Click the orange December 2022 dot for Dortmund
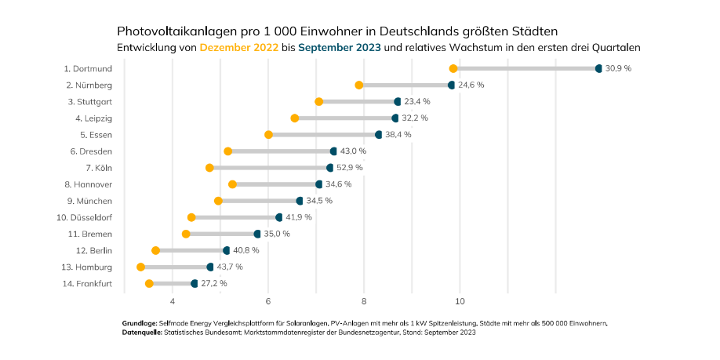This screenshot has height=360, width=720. [x=453, y=69]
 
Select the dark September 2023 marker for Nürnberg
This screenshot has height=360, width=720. [x=451, y=85]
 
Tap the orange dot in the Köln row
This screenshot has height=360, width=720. [x=209, y=168]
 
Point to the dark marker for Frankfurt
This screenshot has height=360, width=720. [x=195, y=283]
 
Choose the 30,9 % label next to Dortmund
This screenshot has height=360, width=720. [x=618, y=68]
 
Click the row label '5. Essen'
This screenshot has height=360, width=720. [x=93, y=135]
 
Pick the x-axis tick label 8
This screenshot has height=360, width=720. [x=364, y=301]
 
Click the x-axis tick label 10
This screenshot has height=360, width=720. [x=460, y=301]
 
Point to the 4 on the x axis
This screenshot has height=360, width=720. [x=172, y=301]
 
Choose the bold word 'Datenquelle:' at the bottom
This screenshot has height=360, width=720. [x=141, y=333]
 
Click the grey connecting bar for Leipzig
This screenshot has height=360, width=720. [x=345, y=118]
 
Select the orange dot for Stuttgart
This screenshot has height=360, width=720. [x=319, y=102]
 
